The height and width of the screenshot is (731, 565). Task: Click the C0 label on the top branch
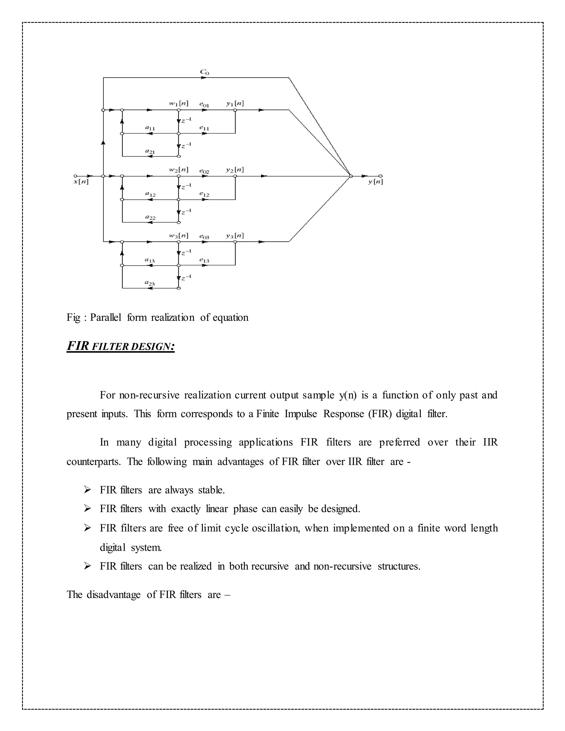pos(204,72)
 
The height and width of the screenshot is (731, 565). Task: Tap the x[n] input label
pos(81,182)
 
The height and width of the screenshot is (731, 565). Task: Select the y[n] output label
pos(375,182)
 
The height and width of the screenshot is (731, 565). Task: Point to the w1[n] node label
pos(178,103)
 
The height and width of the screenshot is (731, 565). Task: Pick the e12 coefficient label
pos(204,194)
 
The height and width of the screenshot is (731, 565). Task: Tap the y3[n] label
pos(235,236)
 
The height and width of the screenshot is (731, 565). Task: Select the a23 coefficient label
pos(150,283)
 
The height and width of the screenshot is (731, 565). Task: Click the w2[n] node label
pos(178,170)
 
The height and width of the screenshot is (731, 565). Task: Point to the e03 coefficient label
pos(204,236)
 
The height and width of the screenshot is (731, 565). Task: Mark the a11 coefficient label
pos(150,128)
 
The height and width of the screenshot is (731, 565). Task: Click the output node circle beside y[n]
pos(380,176)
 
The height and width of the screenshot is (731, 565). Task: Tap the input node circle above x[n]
pos(75,176)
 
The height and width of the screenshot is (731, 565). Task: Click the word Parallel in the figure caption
pos(105,317)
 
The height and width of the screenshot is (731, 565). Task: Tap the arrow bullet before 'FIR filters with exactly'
pos(88,509)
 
